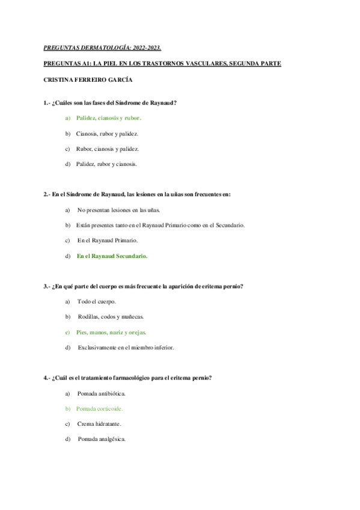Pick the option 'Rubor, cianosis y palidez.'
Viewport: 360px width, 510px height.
coord(107,149)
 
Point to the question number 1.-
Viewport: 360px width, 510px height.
coord(48,103)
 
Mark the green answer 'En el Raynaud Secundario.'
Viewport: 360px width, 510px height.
coord(112,256)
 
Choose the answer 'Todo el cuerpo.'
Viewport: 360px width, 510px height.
coord(96,301)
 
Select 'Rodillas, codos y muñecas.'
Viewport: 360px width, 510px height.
coord(111,316)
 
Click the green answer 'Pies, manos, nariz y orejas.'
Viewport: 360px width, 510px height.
coord(111,332)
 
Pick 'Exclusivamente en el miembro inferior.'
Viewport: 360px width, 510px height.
coord(124,347)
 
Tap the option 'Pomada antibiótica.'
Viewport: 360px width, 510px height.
coord(101,393)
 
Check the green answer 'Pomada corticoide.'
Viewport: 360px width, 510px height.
coord(99,408)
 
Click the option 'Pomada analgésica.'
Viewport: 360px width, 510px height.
coord(101,439)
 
